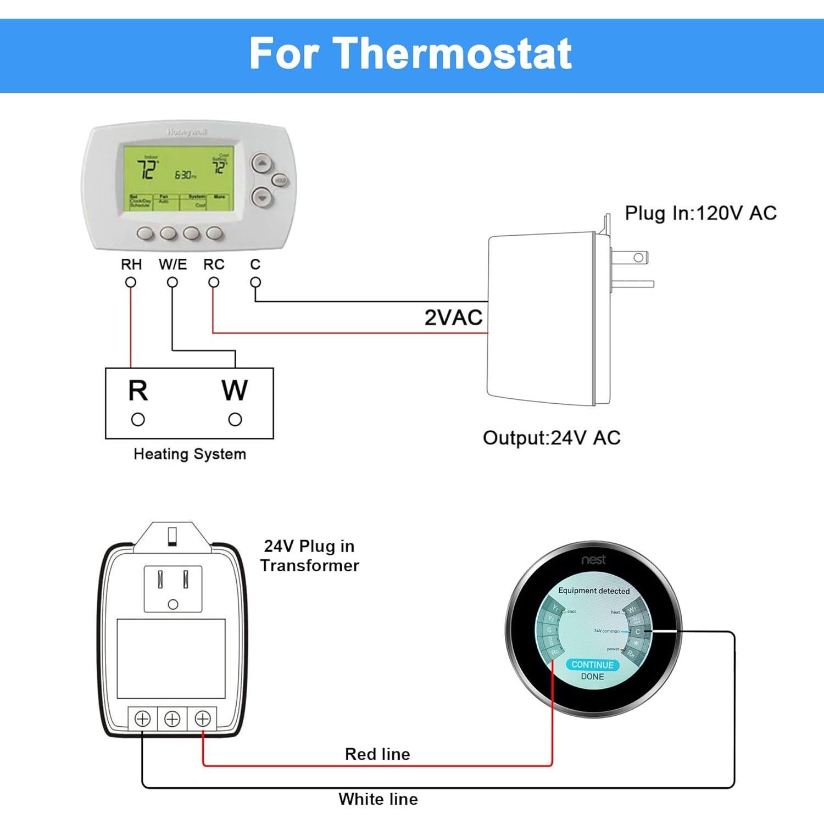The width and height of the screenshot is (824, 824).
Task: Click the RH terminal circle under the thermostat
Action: tap(131, 282)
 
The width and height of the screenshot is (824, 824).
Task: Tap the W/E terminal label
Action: tap(172, 265)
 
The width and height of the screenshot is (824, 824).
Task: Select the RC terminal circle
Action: tap(214, 282)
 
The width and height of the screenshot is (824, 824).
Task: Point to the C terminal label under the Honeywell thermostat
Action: tap(255, 265)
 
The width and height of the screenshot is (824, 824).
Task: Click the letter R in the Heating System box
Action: tap(138, 391)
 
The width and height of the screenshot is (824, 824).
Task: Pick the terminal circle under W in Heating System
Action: tap(235, 420)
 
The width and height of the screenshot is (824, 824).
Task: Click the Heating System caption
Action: tap(190, 454)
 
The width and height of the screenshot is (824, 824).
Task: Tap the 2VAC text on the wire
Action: tap(453, 318)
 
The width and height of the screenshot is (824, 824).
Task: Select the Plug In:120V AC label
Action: tap(700, 213)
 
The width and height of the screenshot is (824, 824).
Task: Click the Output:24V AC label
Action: tap(552, 438)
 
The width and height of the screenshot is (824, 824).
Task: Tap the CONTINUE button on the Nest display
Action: tap(592, 665)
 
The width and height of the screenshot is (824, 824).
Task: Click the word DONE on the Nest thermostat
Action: tap(592, 677)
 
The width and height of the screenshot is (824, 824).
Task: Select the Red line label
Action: tap(377, 754)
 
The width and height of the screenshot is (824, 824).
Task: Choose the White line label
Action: tap(378, 799)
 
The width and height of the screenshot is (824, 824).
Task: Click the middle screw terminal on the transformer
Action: tap(172, 719)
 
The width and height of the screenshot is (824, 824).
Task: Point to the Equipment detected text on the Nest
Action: tap(594, 591)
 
